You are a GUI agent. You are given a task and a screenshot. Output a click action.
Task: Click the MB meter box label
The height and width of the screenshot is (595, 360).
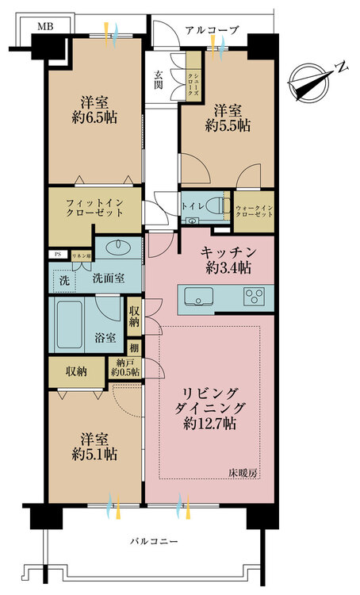(x=45, y=26)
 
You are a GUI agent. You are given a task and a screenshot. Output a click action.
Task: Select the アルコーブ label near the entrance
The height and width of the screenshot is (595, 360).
(x=213, y=30)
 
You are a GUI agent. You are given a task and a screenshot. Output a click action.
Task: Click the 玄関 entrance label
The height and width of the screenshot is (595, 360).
(x=159, y=79)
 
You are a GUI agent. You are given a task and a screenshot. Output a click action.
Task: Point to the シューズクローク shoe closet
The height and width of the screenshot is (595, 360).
(x=193, y=76)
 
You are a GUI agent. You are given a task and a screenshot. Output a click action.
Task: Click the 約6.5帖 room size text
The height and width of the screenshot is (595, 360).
(x=94, y=117)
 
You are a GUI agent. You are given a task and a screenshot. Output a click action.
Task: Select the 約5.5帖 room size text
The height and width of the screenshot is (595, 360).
(x=228, y=125)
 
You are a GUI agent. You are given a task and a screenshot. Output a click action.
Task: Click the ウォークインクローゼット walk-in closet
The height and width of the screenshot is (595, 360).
(x=254, y=211)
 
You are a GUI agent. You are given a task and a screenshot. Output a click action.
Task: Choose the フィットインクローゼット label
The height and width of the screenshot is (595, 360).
(x=94, y=208)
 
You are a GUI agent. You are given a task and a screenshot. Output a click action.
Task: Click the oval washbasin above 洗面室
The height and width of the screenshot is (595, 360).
(x=118, y=248)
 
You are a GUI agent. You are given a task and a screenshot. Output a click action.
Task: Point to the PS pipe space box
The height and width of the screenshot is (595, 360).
(x=58, y=255)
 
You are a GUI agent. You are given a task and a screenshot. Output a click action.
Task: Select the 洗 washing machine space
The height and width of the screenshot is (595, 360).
(x=64, y=281)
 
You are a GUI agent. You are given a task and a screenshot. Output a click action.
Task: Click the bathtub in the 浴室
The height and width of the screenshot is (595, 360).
(x=70, y=324)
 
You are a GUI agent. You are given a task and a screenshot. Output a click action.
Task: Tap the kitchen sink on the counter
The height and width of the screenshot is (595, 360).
(x=198, y=297)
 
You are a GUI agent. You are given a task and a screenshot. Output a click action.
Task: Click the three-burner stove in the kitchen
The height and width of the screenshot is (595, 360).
(x=255, y=296)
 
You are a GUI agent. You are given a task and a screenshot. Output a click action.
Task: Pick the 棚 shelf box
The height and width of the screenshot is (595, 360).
(x=134, y=347)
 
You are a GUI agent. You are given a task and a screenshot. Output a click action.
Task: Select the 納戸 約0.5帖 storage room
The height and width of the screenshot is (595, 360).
(x=125, y=368)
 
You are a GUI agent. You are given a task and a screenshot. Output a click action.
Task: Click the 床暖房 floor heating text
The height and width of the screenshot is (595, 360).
(x=243, y=473)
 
